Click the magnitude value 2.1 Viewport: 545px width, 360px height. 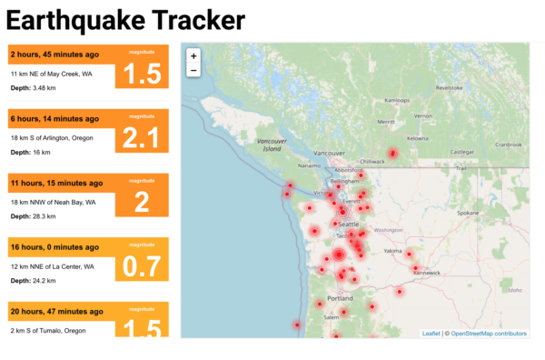142,138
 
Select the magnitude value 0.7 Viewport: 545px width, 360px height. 142,266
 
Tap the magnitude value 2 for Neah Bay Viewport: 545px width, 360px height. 142,202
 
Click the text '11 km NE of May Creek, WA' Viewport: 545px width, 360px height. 54,73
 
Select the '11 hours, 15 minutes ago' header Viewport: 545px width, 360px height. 56,183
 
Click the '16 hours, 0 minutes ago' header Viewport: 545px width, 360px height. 54,246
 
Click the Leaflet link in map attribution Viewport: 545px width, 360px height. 431,334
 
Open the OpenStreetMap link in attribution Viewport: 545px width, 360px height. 488,334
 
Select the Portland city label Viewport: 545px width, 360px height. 340,298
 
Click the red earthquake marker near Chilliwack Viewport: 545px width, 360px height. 392,153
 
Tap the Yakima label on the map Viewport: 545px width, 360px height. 392,250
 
